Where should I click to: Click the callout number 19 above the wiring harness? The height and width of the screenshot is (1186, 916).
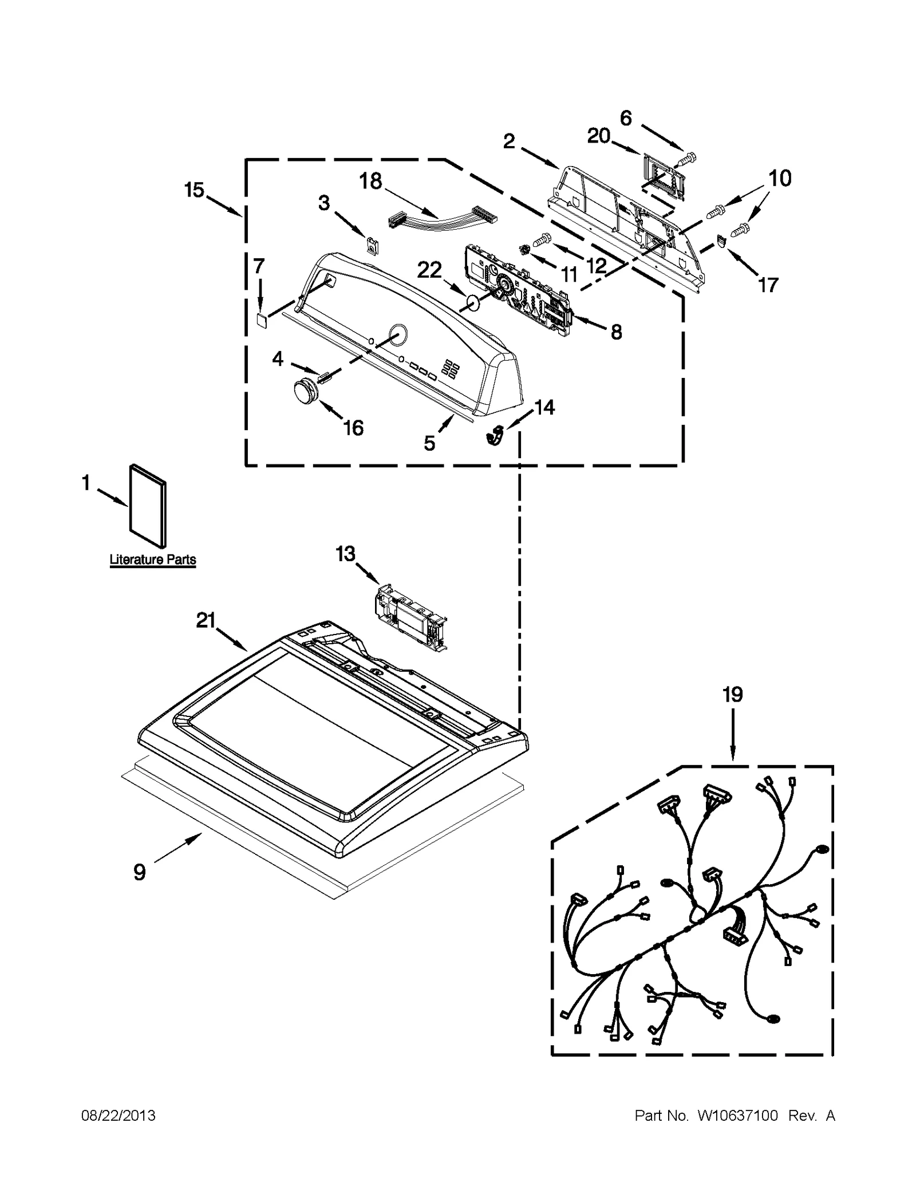[732, 695]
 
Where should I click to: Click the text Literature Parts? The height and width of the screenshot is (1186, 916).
[152, 559]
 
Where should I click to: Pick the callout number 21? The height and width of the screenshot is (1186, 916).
[206, 620]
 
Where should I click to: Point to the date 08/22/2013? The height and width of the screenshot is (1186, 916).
[118, 1114]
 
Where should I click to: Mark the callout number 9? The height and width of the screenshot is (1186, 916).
[140, 872]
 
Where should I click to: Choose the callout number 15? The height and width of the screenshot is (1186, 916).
[194, 189]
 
